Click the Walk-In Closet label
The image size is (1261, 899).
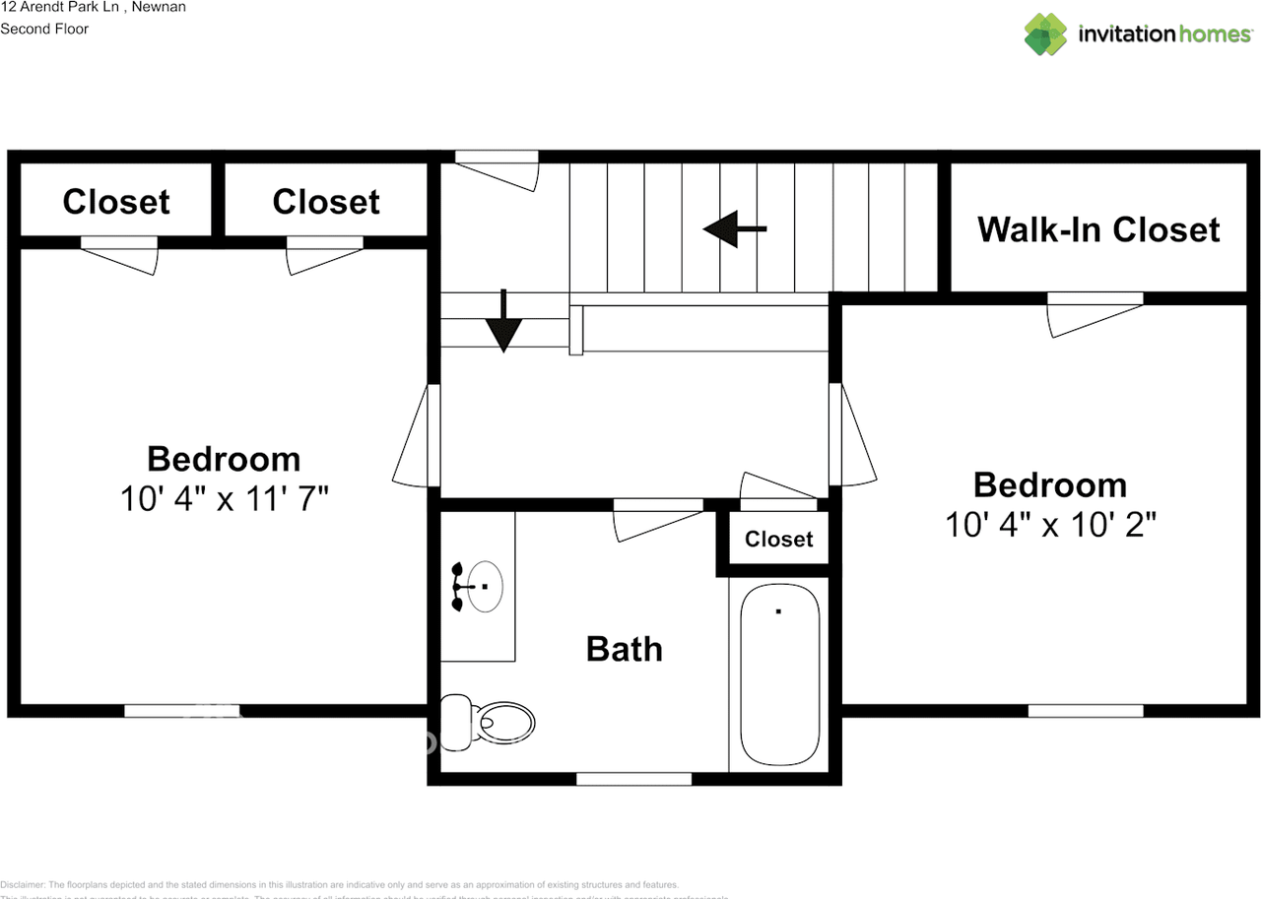[x=1098, y=229]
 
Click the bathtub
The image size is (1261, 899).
[x=779, y=674]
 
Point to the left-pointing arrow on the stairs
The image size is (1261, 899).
[x=734, y=228]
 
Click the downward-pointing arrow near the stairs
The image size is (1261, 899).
[x=503, y=323]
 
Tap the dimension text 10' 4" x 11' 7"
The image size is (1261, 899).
[x=224, y=498]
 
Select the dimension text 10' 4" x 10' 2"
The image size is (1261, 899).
[x=1050, y=524]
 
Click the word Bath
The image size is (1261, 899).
[x=624, y=649]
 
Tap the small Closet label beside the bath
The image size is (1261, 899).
[x=778, y=539]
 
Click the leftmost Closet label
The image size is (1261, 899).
[x=116, y=202]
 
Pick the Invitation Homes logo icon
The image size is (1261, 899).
[x=1045, y=34]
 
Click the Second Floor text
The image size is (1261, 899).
[x=44, y=29]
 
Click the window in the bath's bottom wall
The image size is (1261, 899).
[x=633, y=779]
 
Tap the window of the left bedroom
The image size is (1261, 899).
[x=182, y=710]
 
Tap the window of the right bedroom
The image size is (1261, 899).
[x=1086, y=710]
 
